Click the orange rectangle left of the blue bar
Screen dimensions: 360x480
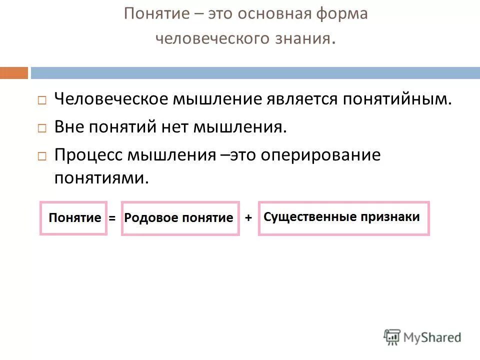point(14,73)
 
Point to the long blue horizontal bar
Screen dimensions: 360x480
point(255,73)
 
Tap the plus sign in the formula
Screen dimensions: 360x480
point(248,217)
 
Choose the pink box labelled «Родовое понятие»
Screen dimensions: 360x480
point(180,218)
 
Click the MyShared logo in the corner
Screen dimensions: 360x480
point(422,337)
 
